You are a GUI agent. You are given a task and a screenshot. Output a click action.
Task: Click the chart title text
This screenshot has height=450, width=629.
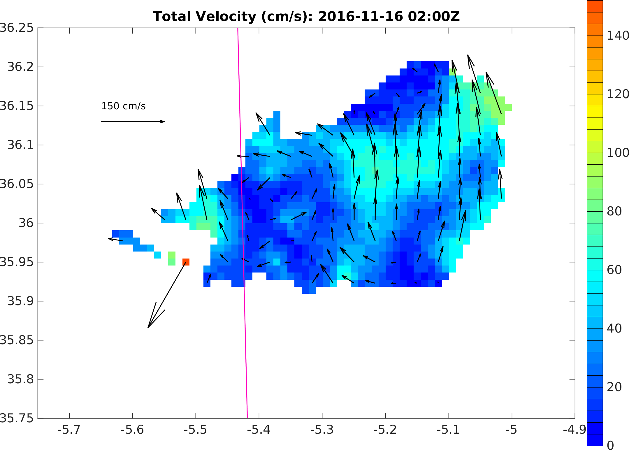306,17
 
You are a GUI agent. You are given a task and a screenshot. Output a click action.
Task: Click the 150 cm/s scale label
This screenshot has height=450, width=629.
123,106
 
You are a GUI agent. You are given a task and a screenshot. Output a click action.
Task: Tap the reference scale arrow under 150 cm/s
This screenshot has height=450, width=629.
133,122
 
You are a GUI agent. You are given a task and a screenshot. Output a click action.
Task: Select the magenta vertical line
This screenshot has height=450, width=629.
243,222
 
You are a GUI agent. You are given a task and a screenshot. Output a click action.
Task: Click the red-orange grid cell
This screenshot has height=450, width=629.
186,262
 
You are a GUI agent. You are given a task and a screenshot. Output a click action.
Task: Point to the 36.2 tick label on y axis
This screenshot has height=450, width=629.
21,67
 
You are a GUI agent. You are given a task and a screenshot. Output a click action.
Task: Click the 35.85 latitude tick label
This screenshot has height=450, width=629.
17,340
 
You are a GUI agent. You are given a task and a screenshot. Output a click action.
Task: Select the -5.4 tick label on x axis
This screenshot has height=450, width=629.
259,430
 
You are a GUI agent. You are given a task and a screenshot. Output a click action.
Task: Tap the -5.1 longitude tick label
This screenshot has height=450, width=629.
448,430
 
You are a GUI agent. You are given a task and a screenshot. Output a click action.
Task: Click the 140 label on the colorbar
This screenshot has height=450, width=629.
618,36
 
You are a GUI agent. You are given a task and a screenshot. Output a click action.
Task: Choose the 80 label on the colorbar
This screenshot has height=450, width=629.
614,211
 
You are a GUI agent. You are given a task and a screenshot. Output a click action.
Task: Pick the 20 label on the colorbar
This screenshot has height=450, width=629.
614,387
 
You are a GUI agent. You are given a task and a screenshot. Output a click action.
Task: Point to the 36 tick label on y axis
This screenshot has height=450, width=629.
26,223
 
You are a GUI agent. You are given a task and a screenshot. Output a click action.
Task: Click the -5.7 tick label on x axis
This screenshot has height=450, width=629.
69,430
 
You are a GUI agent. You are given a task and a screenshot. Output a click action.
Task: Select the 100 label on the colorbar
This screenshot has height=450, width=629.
618,153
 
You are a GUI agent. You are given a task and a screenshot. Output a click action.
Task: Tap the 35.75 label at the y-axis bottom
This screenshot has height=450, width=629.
17,418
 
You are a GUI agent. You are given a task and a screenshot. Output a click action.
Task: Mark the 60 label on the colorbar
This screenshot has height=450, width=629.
614,270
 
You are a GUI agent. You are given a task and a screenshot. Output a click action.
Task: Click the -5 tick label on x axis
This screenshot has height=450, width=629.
512,430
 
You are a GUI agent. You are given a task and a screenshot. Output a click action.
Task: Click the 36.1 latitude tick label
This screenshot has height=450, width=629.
21,145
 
